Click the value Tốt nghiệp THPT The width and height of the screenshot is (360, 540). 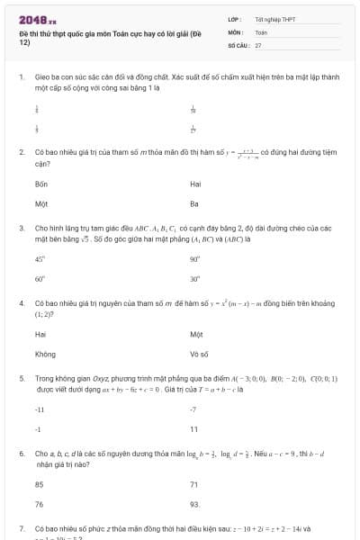pos(274,19)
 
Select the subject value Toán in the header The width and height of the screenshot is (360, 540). pos(261,31)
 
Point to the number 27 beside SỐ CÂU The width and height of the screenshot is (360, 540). pos(258,44)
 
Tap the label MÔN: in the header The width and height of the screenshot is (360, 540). pos(235,31)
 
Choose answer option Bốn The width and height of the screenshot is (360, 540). pos(40,184)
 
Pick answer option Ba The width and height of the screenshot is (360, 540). pos(194,203)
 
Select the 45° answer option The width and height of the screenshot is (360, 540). pos(40,258)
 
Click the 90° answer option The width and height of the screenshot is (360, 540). pos(194,258)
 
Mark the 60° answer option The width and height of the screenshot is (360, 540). pos(40,279)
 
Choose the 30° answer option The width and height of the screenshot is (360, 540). pos(194,279)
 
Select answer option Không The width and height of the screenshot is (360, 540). pos(45,354)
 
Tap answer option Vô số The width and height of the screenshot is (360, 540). pos(199,354)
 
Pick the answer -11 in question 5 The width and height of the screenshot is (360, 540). pos(40,409)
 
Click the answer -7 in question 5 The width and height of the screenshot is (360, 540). pos(193,409)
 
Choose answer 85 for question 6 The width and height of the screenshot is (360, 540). pos(40,484)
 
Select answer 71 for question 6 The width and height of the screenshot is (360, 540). pos(194,484)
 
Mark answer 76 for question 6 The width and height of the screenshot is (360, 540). pos(40,504)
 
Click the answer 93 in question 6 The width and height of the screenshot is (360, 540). pos(194,504)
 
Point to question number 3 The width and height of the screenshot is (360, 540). pos(21,229)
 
